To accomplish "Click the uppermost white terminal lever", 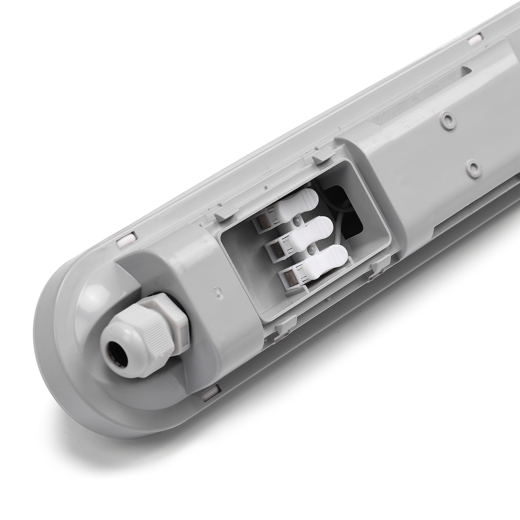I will coord(299,203).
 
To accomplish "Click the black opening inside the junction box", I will coord(349,212).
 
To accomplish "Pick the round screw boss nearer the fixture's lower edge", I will coord(474,167).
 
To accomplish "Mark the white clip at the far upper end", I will coord(477,37).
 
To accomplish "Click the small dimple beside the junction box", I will coord(220,292).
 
